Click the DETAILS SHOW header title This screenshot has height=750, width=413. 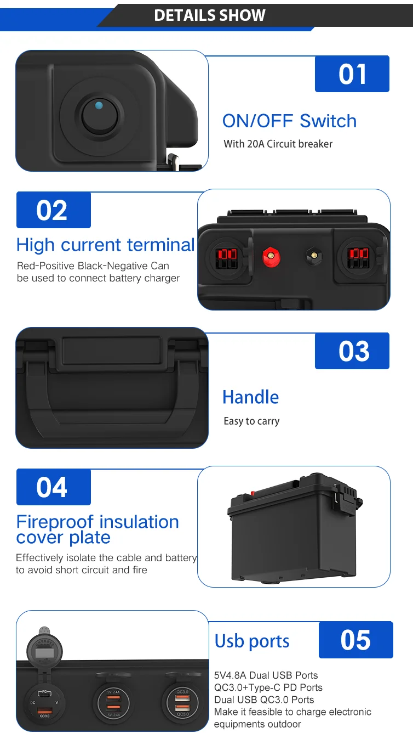click(x=210, y=15)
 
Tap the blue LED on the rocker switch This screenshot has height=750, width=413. click(x=98, y=105)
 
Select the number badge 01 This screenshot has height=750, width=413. click(x=352, y=74)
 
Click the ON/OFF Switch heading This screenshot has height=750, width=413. click(x=289, y=121)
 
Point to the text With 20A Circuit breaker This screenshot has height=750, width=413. click(x=278, y=144)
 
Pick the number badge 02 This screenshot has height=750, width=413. click(x=53, y=210)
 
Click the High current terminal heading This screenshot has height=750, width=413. click(x=105, y=245)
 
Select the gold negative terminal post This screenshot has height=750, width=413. click(x=313, y=256)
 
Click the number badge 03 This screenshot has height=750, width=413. click(x=352, y=351)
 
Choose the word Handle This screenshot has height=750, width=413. click(x=250, y=397)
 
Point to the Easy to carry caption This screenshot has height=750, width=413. click(x=251, y=421)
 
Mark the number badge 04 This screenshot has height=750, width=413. click(x=53, y=487)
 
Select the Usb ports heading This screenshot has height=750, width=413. click(x=252, y=641)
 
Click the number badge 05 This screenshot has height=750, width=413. click(x=355, y=640)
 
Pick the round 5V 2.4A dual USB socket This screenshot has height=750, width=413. click(x=114, y=701)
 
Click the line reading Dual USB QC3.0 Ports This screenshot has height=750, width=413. click(x=264, y=700)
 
